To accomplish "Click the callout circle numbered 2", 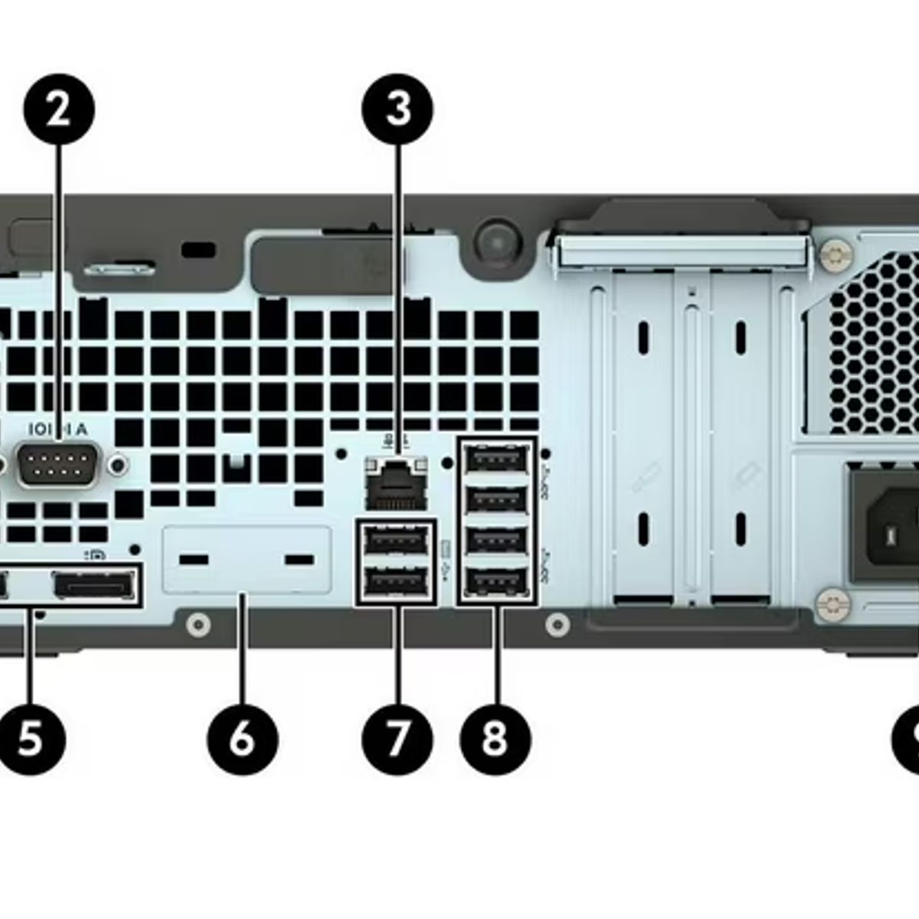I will pyautogui.click(x=59, y=109).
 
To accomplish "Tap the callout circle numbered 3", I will pyautogui.click(x=397, y=109).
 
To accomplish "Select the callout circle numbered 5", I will pyautogui.click(x=31, y=738).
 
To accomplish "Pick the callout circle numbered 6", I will pyautogui.click(x=242, y=738).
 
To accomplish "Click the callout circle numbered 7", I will pyautogui.click(x=397, y=738).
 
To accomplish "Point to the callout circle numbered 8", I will pyautogui.click(x=495, y=738).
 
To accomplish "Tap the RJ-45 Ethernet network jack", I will pyautogui.click(x=396, y=482).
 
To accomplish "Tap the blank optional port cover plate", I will pyautogui.click(x=247, y=560).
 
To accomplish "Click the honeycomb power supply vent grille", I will pyautogui.click(x=865, y=345).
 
